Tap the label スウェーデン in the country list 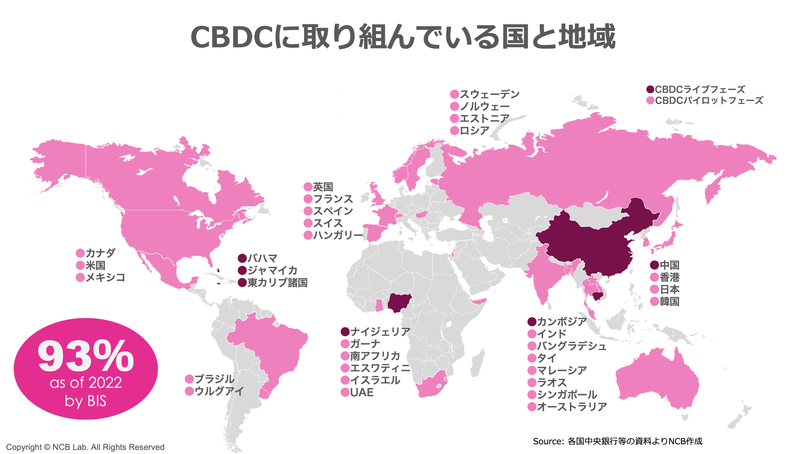(x=489, y=94)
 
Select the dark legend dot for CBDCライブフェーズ (x=650, y=89)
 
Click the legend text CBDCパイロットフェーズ (x=709, y=101)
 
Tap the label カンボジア (x=562, y=322)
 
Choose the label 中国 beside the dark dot (x=669, y=265)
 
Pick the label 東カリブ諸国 (x=277, y=283)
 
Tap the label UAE (x=362, y=392)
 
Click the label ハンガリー (x=338, y=235)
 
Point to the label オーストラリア (x=572, y=407)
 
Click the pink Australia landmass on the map (x=657, y=379)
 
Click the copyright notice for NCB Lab (x=85, y=447)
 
